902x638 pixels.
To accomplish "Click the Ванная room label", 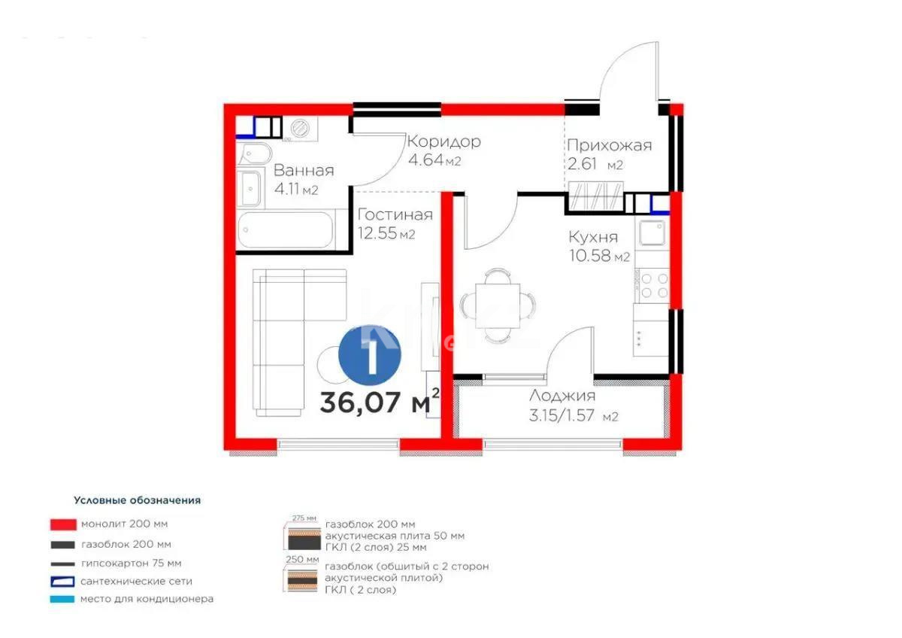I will [x=303, y=171].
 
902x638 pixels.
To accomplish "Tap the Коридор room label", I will [x=443, y=141].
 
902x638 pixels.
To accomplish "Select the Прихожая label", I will [x=609, y=146].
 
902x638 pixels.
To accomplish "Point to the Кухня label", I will [x=593, y=238].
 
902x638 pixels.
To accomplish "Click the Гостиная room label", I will [x=395, y=215].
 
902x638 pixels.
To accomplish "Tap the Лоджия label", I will [x=562, y=396].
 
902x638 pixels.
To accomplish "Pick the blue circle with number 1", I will [x=369, y=353].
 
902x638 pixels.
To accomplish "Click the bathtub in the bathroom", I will [x=286, y=229].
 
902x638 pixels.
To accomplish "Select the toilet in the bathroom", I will [x=251, y=153].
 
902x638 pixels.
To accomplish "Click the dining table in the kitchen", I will [x=498, y=304].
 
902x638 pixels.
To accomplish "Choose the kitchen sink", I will [x=651, y=236].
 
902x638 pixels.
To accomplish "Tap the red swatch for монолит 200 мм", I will [x=62, y=524].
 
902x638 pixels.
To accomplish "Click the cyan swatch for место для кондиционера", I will [x=62, y=599].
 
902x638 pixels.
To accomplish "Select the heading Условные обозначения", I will [x=137, y=500].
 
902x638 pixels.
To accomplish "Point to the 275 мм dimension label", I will [x=301, y=518].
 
